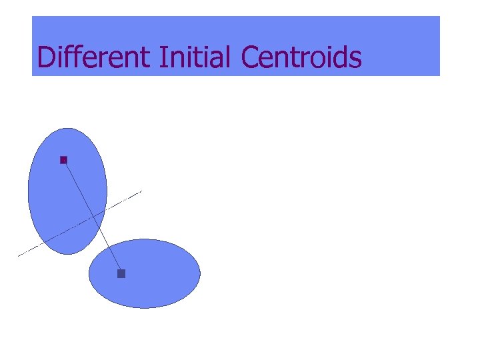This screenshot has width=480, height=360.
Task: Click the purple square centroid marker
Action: (x=64, y=160)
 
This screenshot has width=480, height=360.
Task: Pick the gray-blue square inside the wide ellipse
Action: (x=121, y=273)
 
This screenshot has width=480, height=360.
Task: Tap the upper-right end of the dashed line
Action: (x=142, y=192)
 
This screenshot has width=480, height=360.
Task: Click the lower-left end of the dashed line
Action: (x=18, y=256)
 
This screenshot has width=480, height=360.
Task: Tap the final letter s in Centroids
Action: (x=356, y=60)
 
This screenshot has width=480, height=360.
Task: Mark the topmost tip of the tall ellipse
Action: (x=67, y=128)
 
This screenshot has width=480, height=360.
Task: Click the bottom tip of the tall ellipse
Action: (x=67, y=254)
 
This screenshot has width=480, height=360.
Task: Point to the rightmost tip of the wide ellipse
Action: (x=200, y=273)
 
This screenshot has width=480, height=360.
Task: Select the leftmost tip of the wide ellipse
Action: (x=89, y=273)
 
